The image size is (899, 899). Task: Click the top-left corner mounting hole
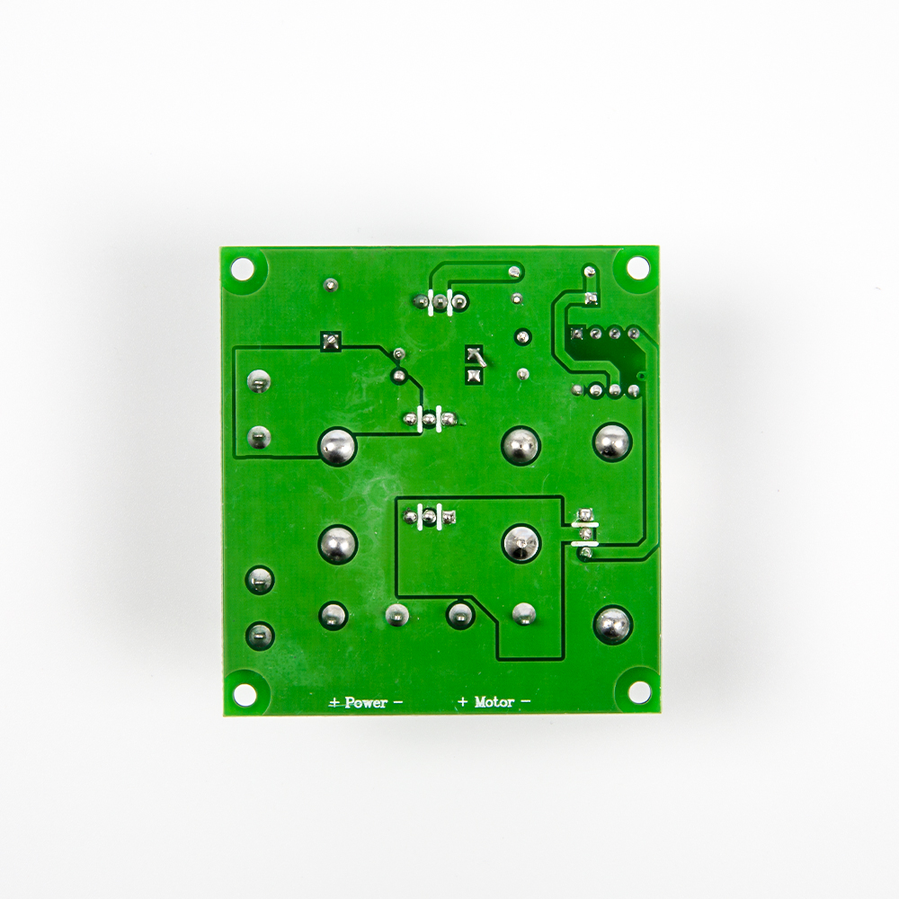pyautogui.click(x=243, y=268)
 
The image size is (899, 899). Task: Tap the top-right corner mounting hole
pyautogui.click(x=636, y=267)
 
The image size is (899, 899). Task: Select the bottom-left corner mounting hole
pyautogui.click(x=245, y=694)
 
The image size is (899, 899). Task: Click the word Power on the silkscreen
pyautogui.click(x=366, y=702)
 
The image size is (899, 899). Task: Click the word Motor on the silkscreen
pyautogui.click(x=494, y=701)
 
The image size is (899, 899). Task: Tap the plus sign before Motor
pyautogui.click(x=463, y=701)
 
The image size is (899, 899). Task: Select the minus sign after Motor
pyautogui.click(x=525, y=700)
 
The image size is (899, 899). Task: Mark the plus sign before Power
pyautogui.click(x=334, y=702)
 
